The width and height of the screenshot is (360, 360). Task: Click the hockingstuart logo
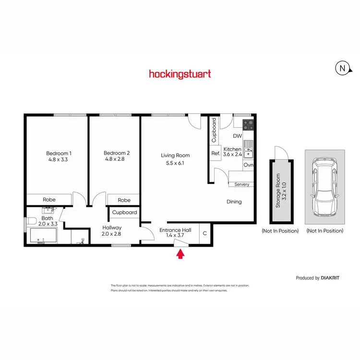tap(180, 74)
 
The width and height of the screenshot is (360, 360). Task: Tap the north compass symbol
tap(342, 69)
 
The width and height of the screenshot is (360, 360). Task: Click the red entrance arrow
tap(180, 254)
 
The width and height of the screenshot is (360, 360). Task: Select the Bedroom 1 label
tap(57, 153)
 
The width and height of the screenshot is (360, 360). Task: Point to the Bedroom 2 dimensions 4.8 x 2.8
tap(114, 159)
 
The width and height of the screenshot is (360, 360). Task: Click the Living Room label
tap(175, 155)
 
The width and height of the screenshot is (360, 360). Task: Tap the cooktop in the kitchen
tap(248, 125)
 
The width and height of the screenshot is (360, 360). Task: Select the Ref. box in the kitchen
tap(216, 154)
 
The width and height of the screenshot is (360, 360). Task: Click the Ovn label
tap(248, 165)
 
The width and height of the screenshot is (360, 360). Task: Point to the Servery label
tap(241, 184)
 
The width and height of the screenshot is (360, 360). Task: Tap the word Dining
tap(234, 202)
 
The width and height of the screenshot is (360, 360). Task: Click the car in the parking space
tap(324, 186)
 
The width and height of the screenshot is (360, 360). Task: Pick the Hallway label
tap(112, 228)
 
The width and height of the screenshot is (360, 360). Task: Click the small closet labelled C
tap(204, 234)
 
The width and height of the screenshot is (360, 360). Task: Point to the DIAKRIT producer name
tap(332, 278)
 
